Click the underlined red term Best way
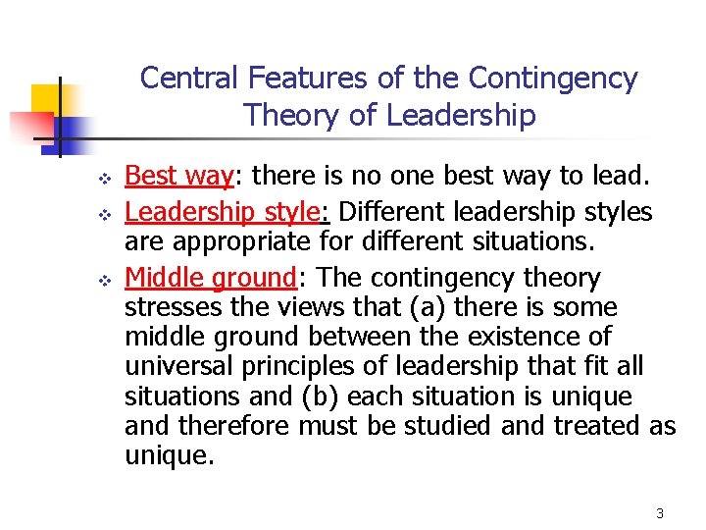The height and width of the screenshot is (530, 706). click(178, 177)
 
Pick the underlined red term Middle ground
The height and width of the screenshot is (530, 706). click(210, 278)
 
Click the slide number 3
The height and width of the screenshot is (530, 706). click(660, 513)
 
